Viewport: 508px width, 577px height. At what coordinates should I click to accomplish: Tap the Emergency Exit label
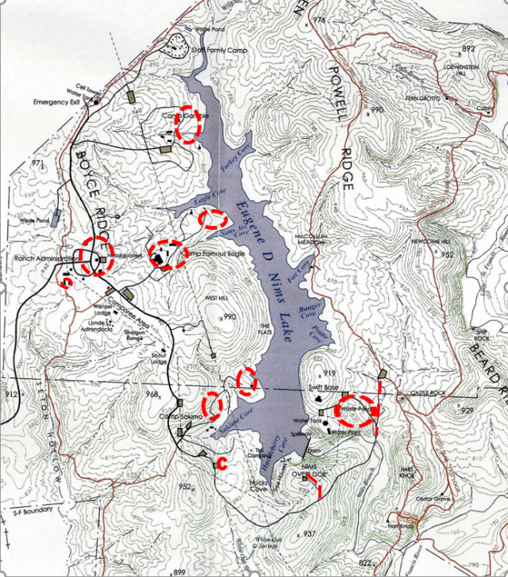[x=58, y=102]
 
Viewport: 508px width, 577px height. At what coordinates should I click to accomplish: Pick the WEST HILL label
[x=217, y=298]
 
